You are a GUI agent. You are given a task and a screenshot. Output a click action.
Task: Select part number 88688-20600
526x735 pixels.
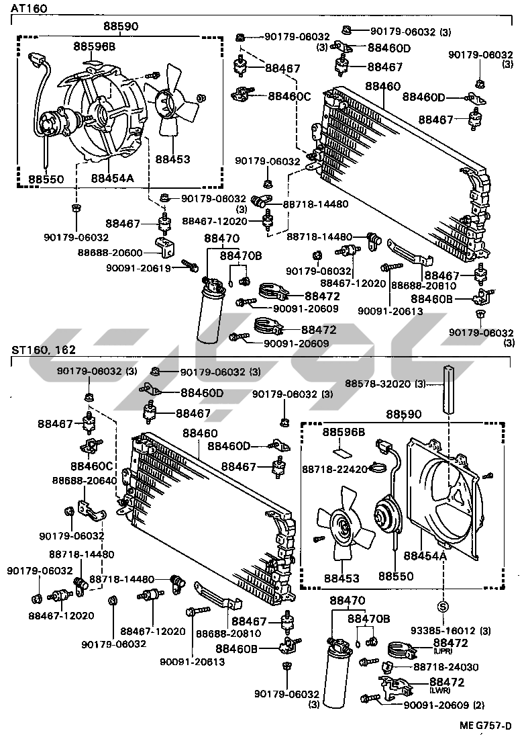point(109,252)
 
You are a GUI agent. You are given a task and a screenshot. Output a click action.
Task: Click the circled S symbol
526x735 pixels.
point(443,607)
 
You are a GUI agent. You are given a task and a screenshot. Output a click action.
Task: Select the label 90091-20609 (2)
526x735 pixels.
point(443,705)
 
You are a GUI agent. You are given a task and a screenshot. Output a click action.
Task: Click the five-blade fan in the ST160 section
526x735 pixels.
point(345,528)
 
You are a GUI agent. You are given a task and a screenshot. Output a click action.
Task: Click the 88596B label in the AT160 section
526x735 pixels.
point(95,46)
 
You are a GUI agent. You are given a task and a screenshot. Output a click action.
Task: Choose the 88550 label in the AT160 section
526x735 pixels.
point(46,179)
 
